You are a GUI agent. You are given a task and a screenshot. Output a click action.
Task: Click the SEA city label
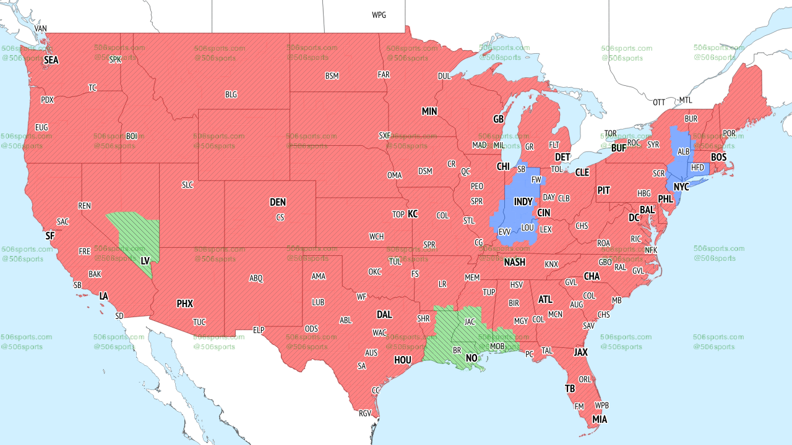(51, 60)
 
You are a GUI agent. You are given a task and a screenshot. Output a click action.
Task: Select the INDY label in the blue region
(523, 202)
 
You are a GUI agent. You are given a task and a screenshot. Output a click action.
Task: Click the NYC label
(681, 187)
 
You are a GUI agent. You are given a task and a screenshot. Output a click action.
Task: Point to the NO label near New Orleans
(471, 358)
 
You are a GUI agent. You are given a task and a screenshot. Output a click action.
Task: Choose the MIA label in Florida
(599, 419)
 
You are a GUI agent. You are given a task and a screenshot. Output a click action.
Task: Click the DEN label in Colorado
(278, 202)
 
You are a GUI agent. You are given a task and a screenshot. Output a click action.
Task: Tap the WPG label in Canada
(379, 15)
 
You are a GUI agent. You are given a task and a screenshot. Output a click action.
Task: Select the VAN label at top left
(41, 28)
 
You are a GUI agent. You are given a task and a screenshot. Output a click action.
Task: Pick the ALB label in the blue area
(683, 151)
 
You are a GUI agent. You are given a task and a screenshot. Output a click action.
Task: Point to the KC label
(413, 214)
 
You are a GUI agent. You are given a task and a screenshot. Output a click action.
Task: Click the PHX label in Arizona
(184, 303)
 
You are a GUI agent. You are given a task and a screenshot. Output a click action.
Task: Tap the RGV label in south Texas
(365, 413)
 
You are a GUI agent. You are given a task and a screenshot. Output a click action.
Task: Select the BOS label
(718, 158)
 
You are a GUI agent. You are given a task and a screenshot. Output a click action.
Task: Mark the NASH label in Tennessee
(514, 262)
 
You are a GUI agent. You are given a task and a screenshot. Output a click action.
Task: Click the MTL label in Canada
(686, 100)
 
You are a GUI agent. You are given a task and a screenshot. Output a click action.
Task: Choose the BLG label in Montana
(231, 95)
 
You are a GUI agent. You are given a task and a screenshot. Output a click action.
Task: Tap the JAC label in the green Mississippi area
(470, 321)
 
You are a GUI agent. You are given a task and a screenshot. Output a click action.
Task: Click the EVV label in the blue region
(504, 232)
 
